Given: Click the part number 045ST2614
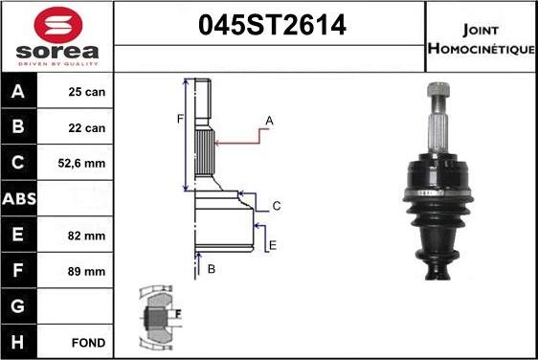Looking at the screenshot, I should [x=271, y=28].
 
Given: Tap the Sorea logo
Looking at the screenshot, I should [x=56, y=35].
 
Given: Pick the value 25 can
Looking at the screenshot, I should [x=87, y=93].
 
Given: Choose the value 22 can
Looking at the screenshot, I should [x=87, y=128].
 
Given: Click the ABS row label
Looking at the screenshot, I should [x=21, y=200].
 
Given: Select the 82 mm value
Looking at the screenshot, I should [x=87, y=236].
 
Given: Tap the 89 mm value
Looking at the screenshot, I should [x=87, y=271].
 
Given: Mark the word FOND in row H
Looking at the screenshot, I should [x=87, y=342].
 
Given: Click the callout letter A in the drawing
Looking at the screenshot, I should [x=270, y=121].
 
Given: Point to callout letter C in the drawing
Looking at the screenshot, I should [x=276, y=206].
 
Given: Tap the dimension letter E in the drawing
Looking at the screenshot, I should [x=272, y=246].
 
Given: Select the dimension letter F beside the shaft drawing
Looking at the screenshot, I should [x=178, y=119].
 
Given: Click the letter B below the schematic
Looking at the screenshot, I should [x=211, y=269].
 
